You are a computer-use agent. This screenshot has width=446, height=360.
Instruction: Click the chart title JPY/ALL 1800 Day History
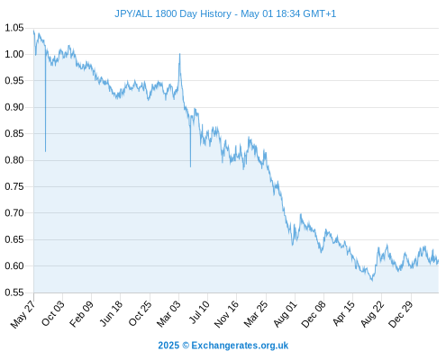pos(173,13)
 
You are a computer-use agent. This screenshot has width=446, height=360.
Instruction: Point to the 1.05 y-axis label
pos(14,28)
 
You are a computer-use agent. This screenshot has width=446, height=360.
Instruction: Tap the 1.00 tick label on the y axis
pos(14,54)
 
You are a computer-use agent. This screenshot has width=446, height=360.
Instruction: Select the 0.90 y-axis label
pos(14,107)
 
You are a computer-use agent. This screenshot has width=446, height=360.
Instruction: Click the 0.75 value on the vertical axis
pos(14,186)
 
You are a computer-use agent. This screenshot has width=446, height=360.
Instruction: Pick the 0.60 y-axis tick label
pos(14,265)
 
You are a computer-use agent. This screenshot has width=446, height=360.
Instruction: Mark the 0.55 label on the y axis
pos(14,292)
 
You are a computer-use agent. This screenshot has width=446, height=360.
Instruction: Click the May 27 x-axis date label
pos(23,314)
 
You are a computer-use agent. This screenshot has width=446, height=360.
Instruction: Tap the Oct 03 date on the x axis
pos(52,313)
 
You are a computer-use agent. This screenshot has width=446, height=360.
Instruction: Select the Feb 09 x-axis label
pos(81,313)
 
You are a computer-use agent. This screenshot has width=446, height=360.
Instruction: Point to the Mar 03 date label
pos(168,313)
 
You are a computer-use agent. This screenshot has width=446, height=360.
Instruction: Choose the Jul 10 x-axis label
pos(199,312)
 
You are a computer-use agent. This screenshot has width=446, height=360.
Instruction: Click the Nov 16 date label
pos(226,313)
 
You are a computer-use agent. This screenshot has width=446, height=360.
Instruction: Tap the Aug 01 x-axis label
pos(285,313)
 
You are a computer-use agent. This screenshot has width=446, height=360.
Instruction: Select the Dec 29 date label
pos(400,314)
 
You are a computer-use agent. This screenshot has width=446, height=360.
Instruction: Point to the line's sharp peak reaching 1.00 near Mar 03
pos(179,54)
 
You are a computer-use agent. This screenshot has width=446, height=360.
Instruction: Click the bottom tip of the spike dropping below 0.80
pos(190,166)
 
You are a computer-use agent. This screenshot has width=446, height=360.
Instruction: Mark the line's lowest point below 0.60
pos(372,281)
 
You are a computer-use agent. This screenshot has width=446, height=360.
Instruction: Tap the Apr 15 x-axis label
pos(343,313)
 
